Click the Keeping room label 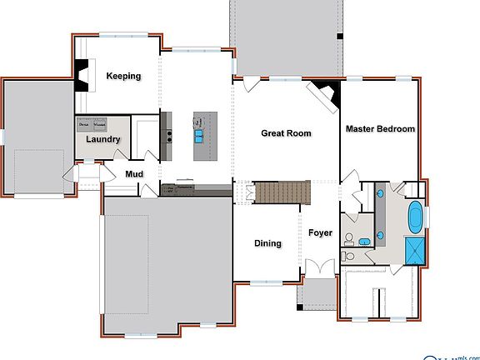[x=123, y=76]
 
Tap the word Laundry [x=103, y=140]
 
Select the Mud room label [x=135, y=174]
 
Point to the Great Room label [x=286, y=133]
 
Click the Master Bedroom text [x=380, y=129]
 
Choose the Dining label [x=267, y=243]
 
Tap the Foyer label [x=321, y=233]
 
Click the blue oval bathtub [x=414, y=217]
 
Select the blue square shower [x=414, y=250]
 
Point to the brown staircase [x=282, y=192]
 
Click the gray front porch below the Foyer [x=317, y=293]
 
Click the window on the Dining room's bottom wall [x=267, y=281]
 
